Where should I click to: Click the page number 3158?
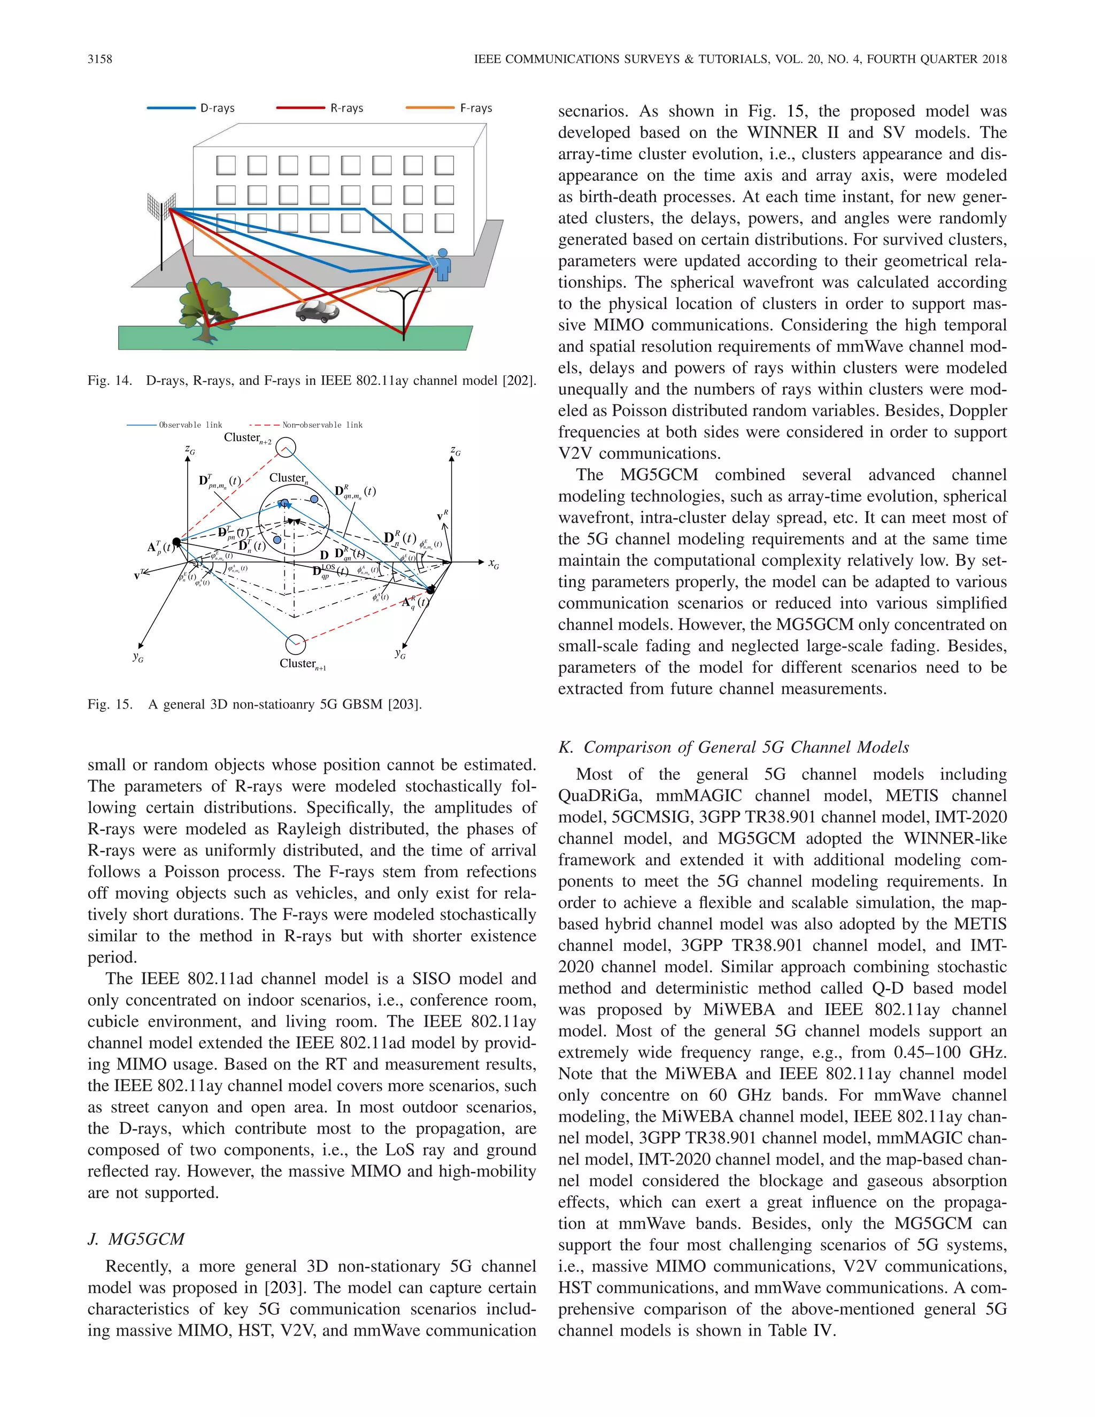[x=100, y=59]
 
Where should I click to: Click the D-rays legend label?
[x=217, y=109]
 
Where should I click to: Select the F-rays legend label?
[x=476, y=109]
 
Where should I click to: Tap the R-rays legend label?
[x=346, y=109]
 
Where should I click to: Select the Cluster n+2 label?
[x=247, y=438]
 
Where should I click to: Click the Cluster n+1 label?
[x=302, y=664]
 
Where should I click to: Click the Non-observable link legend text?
[x=322, y=425]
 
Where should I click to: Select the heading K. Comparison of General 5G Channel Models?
[x=734, y=747]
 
